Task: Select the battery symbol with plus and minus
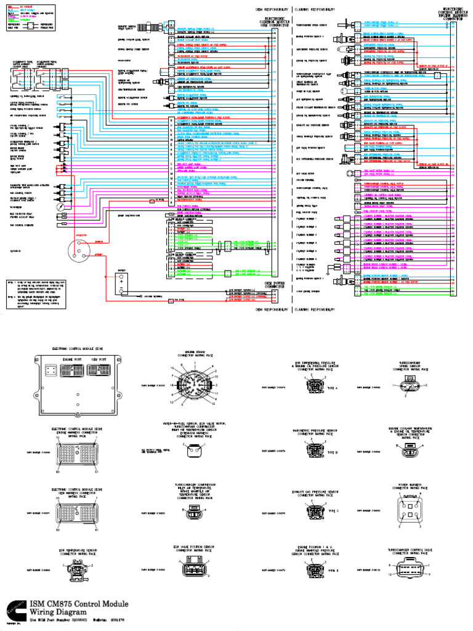(x=121, y=285)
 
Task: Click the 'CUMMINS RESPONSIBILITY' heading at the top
(x=315, y=10)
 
